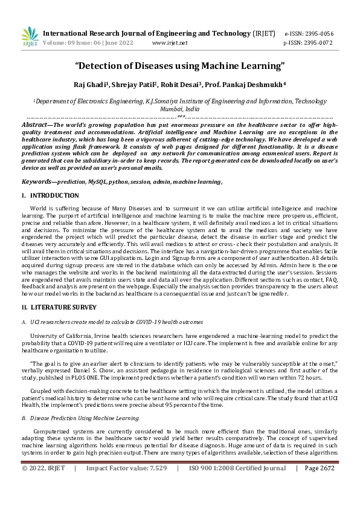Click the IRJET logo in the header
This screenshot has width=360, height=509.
coord(30,37)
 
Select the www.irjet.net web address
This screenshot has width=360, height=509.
coord(170,44)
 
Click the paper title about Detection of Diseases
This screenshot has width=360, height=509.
coord(179,64)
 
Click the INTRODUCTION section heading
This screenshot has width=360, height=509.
coord(54,196)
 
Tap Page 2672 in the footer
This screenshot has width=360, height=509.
coord(320,485)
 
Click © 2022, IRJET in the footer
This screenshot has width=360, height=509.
coord(43,485)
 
